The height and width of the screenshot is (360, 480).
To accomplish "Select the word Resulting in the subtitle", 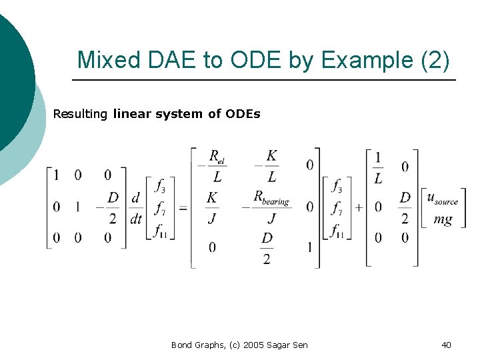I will click(x=80, y=114).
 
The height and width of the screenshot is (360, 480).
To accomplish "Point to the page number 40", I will click(x=446, y=345).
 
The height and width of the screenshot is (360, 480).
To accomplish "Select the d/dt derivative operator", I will click(x=136, y=207).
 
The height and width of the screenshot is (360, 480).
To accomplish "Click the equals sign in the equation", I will click(x=183, y=208).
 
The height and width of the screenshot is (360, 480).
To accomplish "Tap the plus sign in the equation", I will click(x=358, y=208).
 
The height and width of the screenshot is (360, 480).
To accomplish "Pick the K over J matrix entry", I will click(x=213, y=207).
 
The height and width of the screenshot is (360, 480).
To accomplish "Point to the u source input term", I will click(x=442, y=198).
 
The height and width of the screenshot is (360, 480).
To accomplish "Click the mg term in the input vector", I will click(x=443, y=219).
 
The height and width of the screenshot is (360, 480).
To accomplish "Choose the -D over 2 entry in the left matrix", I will click(x=110, y=207).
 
